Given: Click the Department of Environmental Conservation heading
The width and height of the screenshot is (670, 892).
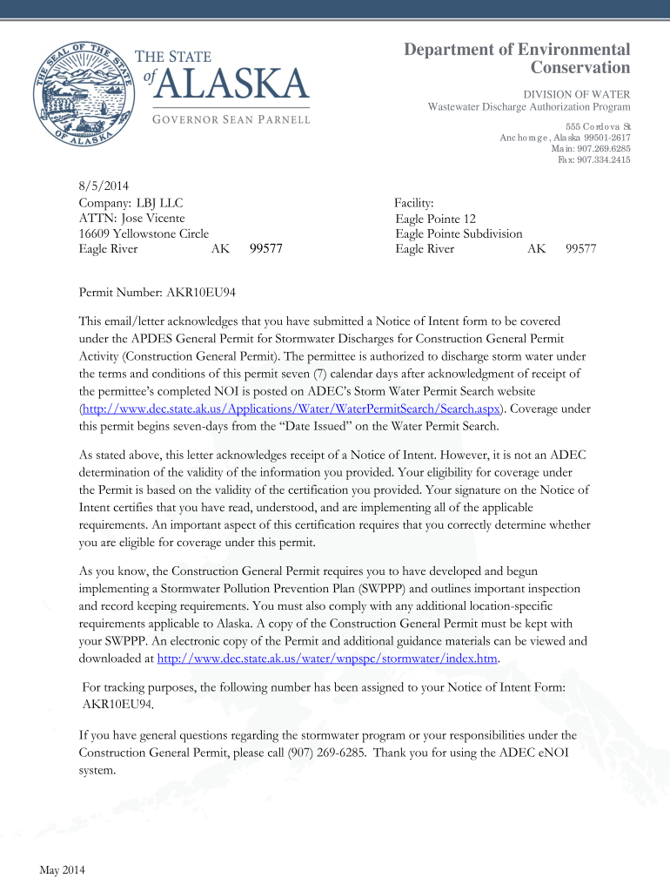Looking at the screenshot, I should pos(517,58).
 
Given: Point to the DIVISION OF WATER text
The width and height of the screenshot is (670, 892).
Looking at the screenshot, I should pos(576,94).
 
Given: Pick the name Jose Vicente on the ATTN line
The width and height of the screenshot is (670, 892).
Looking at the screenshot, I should pos(151,218).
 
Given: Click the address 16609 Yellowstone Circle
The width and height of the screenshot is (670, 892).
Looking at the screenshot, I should pos(144,233).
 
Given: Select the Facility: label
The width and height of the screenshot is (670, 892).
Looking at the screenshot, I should pos(414,202).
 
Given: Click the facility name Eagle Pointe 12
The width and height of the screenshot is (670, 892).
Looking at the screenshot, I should pos(435,219).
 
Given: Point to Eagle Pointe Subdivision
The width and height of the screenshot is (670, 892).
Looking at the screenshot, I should pos(459,233).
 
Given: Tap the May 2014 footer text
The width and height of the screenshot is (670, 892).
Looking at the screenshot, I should pos(62,869).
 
